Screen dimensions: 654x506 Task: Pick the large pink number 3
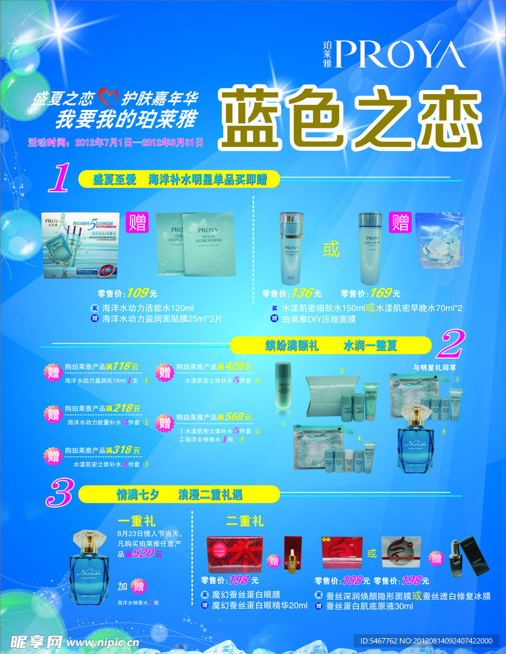pos(59,494)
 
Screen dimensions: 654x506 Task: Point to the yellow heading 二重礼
pos(244,522)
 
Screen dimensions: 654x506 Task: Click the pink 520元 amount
pos(148,554)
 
